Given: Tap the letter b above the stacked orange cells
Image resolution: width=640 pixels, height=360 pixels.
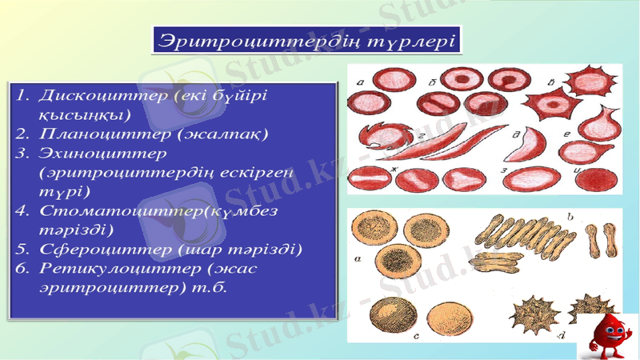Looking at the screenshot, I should pyautogui.click(x=569, y=216).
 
